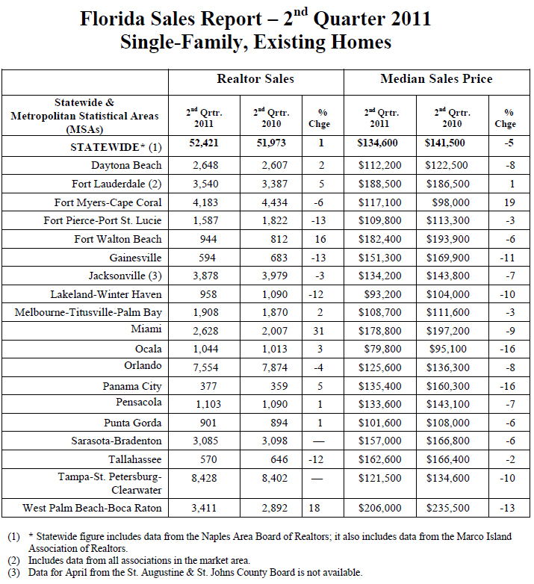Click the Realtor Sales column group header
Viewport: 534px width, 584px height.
[x=255, y=79]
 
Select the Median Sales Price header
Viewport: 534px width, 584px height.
[x=436, y=79]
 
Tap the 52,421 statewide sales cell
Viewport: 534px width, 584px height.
[x=204, y=143]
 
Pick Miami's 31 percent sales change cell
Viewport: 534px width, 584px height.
[x=318, y=331]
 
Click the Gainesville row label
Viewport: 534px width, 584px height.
[x=135, y=258]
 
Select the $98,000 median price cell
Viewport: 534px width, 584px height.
[x=450, y=202]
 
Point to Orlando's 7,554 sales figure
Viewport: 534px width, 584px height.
[x=205, y=367]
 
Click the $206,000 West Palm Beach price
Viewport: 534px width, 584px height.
[x=380, y=508]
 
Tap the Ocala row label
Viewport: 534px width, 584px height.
[x=148, y=349]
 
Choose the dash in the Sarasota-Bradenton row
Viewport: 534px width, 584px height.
[x=318, y=441]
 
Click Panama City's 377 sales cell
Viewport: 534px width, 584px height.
[x=208, y=386]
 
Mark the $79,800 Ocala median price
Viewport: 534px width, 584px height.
[x=383, y=349]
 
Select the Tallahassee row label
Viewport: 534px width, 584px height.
[x=135, y=459]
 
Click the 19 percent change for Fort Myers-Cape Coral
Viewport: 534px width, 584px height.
[x=509, y=202]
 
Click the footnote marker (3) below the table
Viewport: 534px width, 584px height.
[x=13, y=573]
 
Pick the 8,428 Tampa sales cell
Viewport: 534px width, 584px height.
[x=204, y=478]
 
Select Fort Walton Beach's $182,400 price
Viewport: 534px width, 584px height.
[x=380, y=239]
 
